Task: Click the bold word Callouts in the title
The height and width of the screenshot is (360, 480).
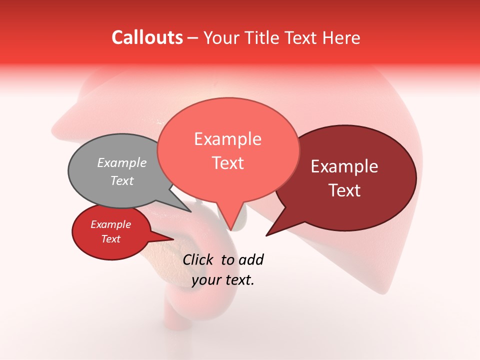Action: tap(147, 37)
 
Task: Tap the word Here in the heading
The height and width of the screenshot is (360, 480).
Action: tap(341, 37)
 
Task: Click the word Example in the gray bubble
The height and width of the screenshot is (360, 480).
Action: tap(122, 163)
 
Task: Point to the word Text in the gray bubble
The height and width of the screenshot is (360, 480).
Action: tap(122, 180)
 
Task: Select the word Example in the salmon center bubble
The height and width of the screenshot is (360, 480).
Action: tap(227, 139)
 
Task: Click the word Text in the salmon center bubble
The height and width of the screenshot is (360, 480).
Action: tap(227, 163)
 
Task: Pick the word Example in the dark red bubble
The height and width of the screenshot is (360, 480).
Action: tap(344, 166)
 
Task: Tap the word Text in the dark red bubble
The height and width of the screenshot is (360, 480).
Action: tap(344, 190)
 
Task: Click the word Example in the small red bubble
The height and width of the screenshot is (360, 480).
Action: tap(111, 224)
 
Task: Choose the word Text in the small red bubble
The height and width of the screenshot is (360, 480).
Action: tap(111, 239)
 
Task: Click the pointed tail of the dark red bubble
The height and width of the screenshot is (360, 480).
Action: tap(266, 235)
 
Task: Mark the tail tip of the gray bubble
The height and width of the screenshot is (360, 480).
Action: tap(191, 211)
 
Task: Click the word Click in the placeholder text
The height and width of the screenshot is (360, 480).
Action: tap(197, 259)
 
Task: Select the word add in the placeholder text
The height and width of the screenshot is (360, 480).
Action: tap(251, 259)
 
